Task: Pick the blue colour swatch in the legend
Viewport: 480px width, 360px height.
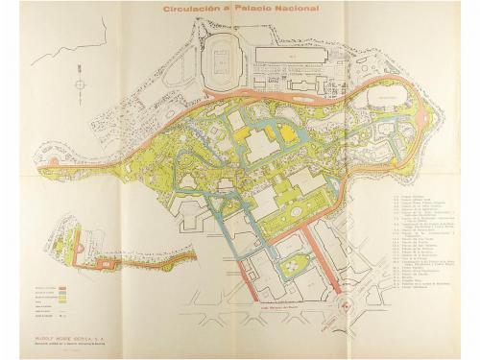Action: tap(62, 295)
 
